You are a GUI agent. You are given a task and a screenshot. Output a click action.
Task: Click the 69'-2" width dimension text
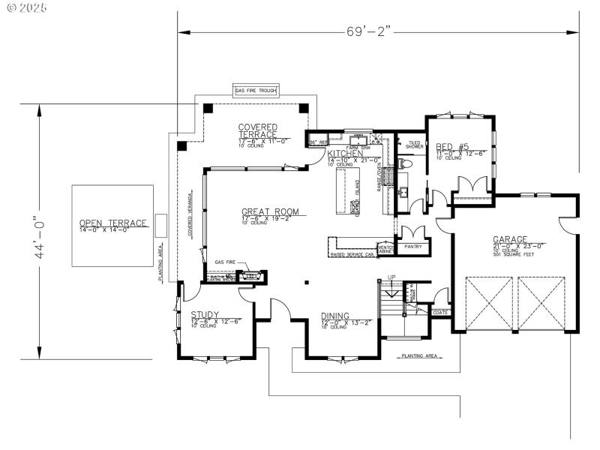pos(369,31)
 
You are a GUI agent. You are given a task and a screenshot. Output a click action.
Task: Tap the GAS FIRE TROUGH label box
pos(256,91)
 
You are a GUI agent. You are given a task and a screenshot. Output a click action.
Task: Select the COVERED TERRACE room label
pos(258,130)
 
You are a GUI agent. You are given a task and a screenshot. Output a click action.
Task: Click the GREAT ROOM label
pos(269,211)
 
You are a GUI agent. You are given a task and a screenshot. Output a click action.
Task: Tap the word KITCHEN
pos(345,154)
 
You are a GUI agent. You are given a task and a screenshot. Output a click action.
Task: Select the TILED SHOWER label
pos(415,144)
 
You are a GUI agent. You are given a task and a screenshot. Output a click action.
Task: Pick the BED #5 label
pos(452,147)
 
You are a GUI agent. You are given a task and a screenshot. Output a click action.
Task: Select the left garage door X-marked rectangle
pos(489,303)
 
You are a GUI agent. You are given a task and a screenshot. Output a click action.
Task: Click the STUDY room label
pos(205,314)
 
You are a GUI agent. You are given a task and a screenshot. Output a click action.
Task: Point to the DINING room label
pos(335,316)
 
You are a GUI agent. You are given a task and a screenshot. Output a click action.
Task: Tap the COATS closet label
pos(440,312)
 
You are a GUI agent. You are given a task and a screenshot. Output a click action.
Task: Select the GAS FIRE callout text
pos(225,262)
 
